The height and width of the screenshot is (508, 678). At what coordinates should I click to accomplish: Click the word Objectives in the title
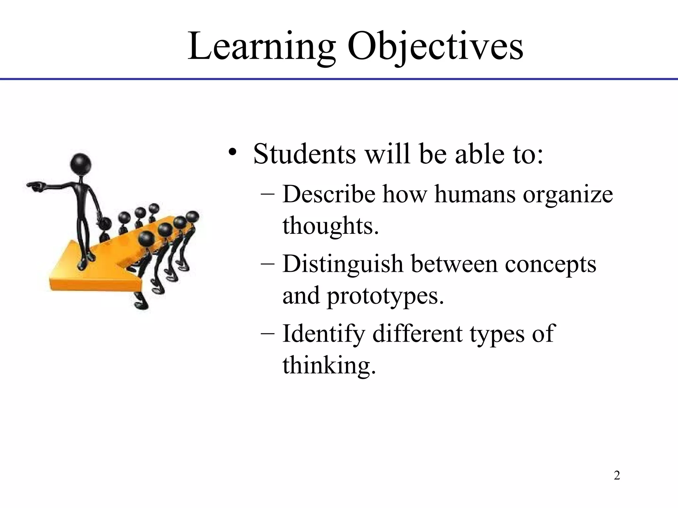click(x=435, y=46)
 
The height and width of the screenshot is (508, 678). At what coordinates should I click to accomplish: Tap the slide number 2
click(x=617, y=476)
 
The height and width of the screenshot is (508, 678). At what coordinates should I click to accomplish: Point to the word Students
click(x=304, y=154)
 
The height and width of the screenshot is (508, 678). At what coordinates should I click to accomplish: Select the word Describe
click(x=329, y=194)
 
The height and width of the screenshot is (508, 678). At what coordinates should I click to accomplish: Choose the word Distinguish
click(x=343, y=265)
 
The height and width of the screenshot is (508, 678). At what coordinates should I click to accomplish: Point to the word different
click(x=417, y=333)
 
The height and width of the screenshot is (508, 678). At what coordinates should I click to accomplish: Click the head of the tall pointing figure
click(x=81, y=164)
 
